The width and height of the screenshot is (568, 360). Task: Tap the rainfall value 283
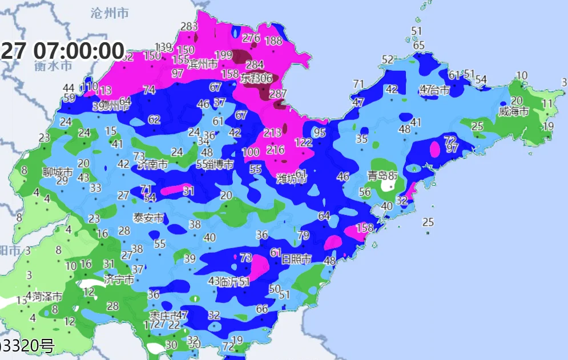tap(188, 26)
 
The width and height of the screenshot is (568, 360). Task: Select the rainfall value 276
tap(251, 38)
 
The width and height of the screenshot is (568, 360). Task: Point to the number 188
tap(274, 41)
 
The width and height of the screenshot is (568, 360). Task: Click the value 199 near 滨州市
tap(223, 55)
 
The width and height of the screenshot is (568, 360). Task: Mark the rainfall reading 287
tap(278, 94)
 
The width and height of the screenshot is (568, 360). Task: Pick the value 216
tap(275, 150)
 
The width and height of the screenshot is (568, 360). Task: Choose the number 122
tap(303, 142)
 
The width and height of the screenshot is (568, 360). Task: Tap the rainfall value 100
tap(251, 152)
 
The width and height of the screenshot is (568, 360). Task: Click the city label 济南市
tap(153, 164)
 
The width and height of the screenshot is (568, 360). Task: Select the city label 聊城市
tap(58, 171)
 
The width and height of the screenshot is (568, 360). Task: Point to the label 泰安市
tap(148, 218)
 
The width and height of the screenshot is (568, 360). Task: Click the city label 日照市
tap(297, 259)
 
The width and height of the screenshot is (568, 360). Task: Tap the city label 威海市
tap(514, 111)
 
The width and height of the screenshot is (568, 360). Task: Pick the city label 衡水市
tap(53, 66)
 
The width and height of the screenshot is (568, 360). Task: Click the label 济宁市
tap(119, 280)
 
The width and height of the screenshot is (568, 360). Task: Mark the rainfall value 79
tap(303, 235)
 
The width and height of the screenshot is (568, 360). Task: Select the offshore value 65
tap(419, 45)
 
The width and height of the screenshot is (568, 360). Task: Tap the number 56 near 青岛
tap(365, 192)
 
